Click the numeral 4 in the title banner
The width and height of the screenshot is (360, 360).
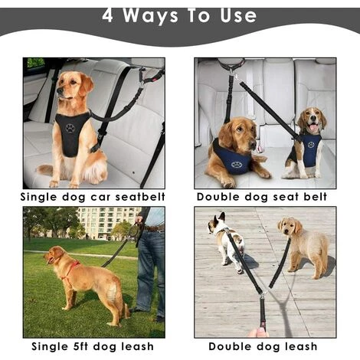pos(107,15)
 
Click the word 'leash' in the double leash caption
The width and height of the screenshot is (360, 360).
pos(301,346)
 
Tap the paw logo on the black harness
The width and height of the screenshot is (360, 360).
pos(70,128)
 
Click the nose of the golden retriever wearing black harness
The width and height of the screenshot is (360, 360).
pos(59,90)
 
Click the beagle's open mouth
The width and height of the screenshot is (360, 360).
pos(313,127)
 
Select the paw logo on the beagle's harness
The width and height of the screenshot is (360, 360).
pos(311,145)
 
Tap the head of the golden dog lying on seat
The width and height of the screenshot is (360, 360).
pos(239,133)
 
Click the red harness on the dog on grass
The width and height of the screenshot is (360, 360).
pos(70,270)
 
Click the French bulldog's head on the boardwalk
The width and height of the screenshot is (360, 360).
pos(216,223)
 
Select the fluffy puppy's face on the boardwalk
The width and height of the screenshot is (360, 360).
pos(289,227)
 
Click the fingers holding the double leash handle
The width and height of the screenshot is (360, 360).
pos(258,332)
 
